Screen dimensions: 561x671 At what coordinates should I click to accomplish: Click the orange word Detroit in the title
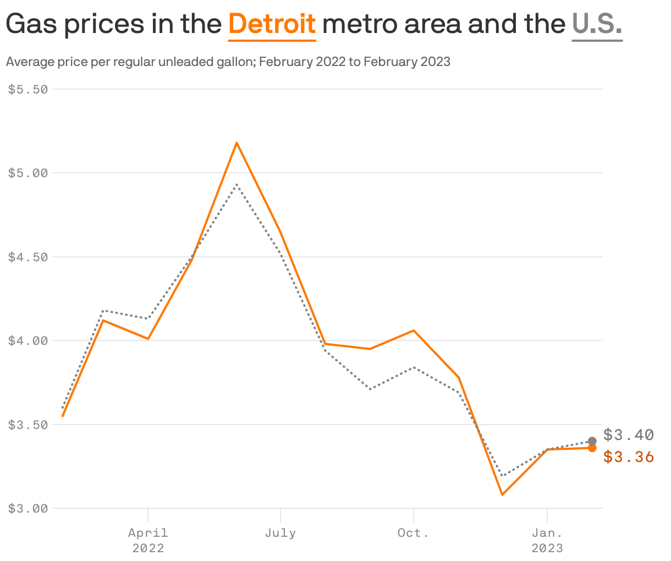272,24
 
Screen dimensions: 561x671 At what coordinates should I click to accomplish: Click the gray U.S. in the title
597,24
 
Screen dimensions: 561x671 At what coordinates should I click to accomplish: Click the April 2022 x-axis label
148,540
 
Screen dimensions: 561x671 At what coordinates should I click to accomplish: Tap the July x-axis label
280,533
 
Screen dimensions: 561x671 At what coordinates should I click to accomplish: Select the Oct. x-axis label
413,533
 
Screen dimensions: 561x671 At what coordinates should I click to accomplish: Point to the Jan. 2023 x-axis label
547,540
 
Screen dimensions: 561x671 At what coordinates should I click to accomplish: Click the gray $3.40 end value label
628,435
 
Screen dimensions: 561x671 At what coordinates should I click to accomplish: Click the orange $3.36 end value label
628,457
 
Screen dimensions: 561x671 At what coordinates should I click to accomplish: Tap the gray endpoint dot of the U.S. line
592,441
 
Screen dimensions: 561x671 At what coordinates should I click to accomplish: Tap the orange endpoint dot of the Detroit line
592,448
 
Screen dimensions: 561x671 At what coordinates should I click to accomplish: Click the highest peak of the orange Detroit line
237,142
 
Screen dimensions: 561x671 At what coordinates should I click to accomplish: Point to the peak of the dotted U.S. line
237,185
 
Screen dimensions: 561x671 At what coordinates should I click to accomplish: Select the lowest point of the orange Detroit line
502,494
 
